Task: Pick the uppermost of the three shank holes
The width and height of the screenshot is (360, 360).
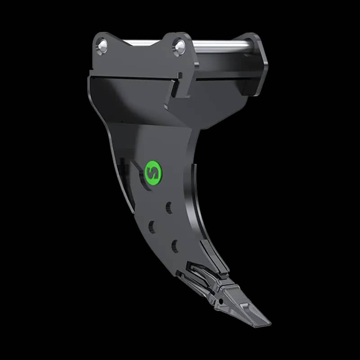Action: click(x=169, y=207)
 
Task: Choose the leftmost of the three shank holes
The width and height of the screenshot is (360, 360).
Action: click(x=151, y=226)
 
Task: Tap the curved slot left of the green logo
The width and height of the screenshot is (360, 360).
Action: click(x=135, y=173)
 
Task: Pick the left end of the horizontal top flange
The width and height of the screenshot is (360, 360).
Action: click(x=91, y=74)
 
